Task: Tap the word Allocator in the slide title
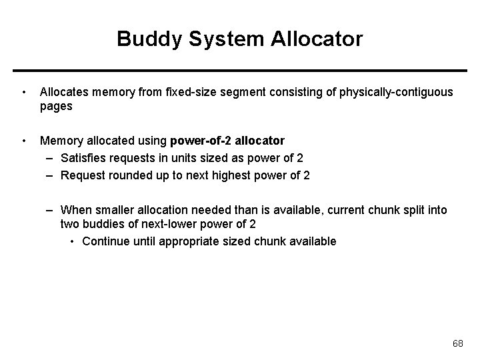317,39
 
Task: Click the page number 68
457,343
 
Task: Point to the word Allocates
65,91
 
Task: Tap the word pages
56,106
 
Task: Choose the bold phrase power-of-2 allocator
227,141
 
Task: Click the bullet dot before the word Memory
24,141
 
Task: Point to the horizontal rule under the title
240,70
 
